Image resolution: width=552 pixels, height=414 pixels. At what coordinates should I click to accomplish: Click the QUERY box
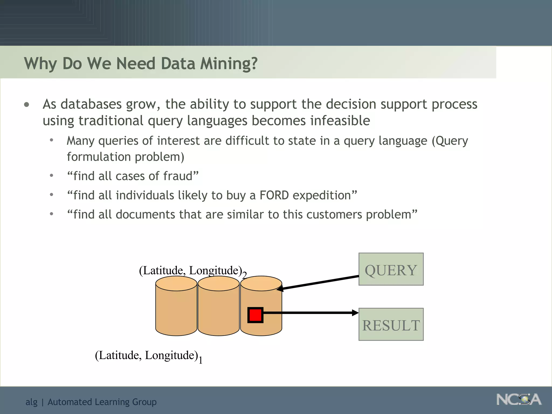(391, 269)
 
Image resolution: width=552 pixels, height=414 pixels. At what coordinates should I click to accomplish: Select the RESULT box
(391, 324)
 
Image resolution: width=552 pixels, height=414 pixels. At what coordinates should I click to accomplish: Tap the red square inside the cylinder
(255, 315)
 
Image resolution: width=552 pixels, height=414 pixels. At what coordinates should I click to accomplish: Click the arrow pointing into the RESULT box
(310, 313)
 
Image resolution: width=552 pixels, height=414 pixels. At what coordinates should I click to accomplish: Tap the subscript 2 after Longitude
(244, 275)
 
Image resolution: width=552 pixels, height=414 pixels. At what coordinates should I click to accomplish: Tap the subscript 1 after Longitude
(201, 360)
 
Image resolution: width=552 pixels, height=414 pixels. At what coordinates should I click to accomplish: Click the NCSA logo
(519, 399)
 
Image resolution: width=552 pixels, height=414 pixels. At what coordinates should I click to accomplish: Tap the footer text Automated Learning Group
(102, 402)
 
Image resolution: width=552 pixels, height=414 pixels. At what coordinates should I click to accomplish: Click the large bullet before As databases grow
(26, 105)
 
